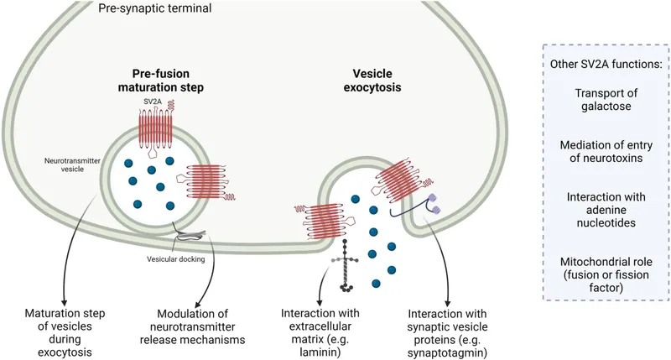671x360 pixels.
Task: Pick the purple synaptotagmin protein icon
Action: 434,201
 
